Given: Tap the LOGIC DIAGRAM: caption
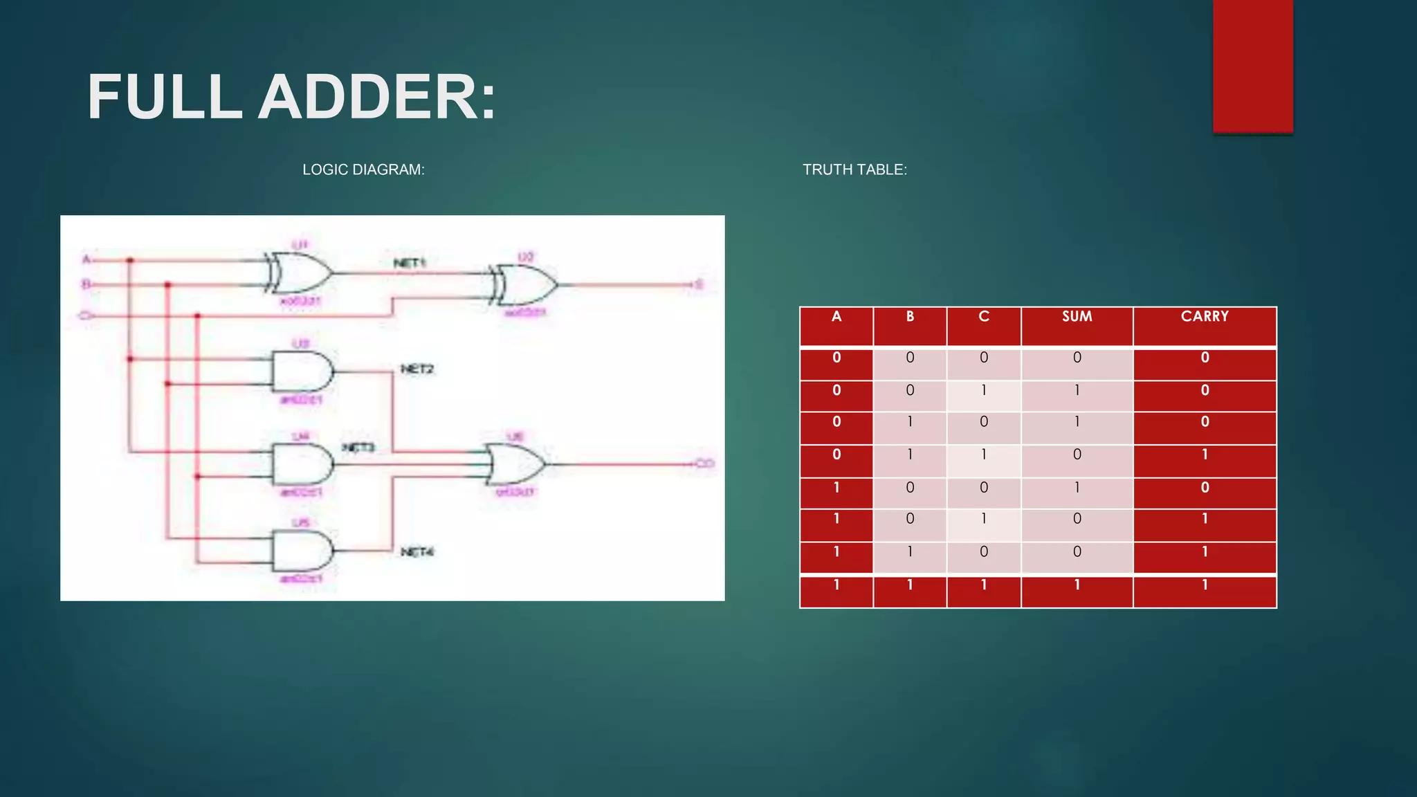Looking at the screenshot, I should point(363,170).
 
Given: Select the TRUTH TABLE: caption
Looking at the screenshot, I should point(854,170).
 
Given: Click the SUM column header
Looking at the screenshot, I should point(1077,317).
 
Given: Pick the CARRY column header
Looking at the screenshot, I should point(1205,317).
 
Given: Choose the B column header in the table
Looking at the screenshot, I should point(910,317).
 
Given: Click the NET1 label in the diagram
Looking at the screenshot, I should point(410,263).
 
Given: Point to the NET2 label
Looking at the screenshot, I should point(417,369).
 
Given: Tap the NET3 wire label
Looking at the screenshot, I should point(358,448).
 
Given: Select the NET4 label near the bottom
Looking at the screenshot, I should point(417,551).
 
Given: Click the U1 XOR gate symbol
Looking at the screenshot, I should point(299,273).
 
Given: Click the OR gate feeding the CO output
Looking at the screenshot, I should point(516,464).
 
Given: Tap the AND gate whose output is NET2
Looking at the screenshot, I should point(302,372).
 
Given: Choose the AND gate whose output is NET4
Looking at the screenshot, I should point(302,551).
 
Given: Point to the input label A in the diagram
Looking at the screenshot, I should point(86,259).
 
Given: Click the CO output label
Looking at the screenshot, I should point(704,464).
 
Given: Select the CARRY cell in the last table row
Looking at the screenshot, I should point(1205,585).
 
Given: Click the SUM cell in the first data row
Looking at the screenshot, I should point(1077,358).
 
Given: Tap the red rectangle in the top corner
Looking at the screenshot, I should point(1252,66).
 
